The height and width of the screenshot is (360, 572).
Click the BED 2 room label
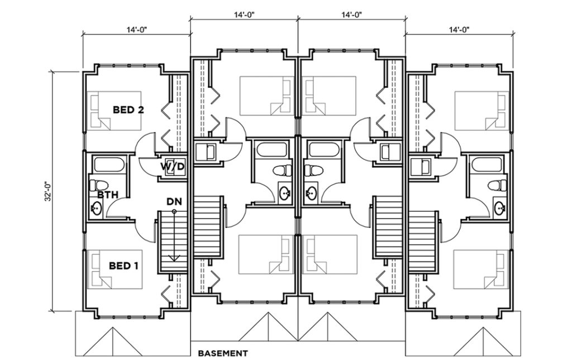[128, 110]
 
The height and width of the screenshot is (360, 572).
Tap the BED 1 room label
[123, 266]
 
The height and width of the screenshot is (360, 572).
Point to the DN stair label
[174, 201]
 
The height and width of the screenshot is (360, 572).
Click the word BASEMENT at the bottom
[223, 353]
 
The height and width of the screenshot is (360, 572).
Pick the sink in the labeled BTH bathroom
[96, 209]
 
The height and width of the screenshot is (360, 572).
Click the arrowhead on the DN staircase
[174, 258]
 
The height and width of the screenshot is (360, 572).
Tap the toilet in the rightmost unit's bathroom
[496, 185]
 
